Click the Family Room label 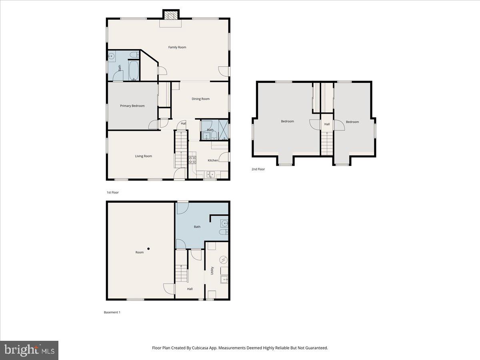[x=177, y=47]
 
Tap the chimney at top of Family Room [x=171, y=14]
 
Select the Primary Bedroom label [x=132, y=106]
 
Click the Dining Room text [x=200, y=99]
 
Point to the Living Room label [x=143, y=156]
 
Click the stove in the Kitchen [x=192, y=160]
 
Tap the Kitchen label [x=213, y=160]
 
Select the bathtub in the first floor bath [x=134, y=70]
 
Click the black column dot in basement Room [x=148, y=249]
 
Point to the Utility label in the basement [x=212, y=270]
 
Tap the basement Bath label [x=197, y=227]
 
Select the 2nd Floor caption [x=258, y=169]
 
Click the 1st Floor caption [x=112, y=192]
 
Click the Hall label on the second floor [x=327, y=124]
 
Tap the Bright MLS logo [x=29, y=350]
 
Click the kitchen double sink [x=210, y=174]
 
